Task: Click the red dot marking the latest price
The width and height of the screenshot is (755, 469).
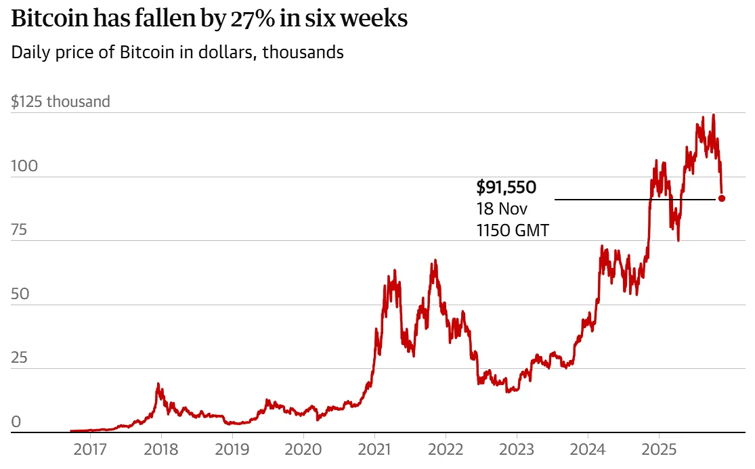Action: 722,198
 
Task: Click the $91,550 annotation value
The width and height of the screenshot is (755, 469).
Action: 507,187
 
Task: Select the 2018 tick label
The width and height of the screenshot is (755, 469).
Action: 161,451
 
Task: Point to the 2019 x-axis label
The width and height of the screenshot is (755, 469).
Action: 232,451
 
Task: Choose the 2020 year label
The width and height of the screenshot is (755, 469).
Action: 303,451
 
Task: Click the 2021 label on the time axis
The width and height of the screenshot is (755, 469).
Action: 374,451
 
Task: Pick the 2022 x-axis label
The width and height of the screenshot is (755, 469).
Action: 446,451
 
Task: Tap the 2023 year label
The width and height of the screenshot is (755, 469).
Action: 517,451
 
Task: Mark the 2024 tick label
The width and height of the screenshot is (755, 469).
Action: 588,451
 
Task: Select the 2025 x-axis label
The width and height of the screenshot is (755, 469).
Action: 659,451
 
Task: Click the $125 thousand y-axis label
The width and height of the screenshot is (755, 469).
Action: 60,102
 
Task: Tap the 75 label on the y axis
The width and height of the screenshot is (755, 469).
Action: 19,230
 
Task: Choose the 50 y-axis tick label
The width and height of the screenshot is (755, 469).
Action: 20,294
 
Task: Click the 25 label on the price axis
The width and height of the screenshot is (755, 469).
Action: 19,357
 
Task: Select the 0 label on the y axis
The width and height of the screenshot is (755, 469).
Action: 16,422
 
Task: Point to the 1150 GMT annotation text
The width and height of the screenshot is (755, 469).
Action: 513,230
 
